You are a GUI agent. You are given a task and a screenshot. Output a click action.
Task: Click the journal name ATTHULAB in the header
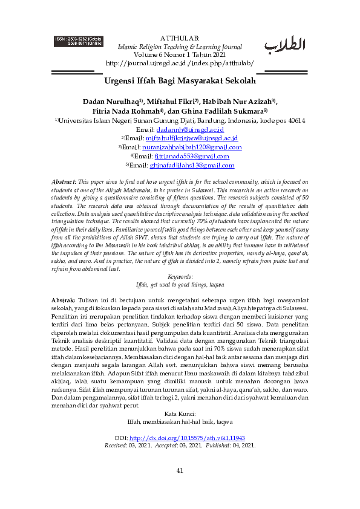pyautogui.click(x=180, y=37)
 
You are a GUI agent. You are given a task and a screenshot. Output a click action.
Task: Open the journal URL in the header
pyautogui.click(x=180, y=63)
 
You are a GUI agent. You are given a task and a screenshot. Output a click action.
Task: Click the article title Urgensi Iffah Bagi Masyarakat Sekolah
pyautogui.click(x=180, y=80)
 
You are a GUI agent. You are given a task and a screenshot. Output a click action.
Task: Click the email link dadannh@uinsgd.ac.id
pyautogui.click(x=190, y=129)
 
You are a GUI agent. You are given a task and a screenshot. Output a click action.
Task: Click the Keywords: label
pyautogui.click(x=180, y=276)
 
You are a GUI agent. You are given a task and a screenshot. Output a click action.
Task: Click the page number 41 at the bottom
pyautogui.click(x=180, y=487)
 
